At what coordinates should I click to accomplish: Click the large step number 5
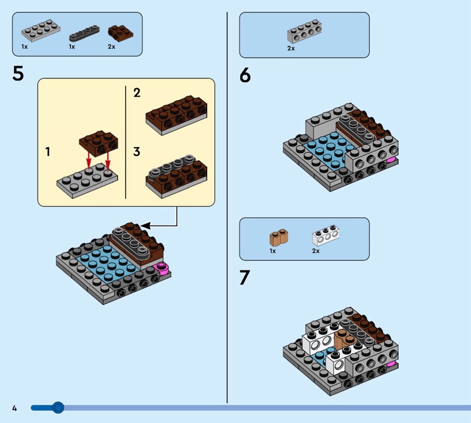(18, 74)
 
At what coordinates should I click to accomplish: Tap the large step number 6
(245, 75)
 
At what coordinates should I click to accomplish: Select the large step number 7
(244, 277)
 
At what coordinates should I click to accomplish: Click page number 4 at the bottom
(14, 408)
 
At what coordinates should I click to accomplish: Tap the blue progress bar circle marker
(58, 408)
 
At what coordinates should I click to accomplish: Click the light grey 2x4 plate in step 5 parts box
(41, 30)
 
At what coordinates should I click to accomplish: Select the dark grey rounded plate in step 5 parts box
(84, 34)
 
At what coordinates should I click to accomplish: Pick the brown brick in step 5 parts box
(120, 33)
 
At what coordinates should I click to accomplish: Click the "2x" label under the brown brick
(111, 47)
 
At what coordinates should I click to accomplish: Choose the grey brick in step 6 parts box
(304, 32)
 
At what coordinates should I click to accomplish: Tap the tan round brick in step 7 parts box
(278, 237)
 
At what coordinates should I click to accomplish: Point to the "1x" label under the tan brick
(273, 251)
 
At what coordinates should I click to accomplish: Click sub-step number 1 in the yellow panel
(48, 152)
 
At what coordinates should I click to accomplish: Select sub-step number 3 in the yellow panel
(137, 151)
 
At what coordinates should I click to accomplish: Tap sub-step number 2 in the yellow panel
(137, 92)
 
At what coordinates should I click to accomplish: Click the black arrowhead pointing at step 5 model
(145, 226)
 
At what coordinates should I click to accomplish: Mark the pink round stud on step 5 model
(161, 268)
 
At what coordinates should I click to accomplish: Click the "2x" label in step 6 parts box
(291, 48)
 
